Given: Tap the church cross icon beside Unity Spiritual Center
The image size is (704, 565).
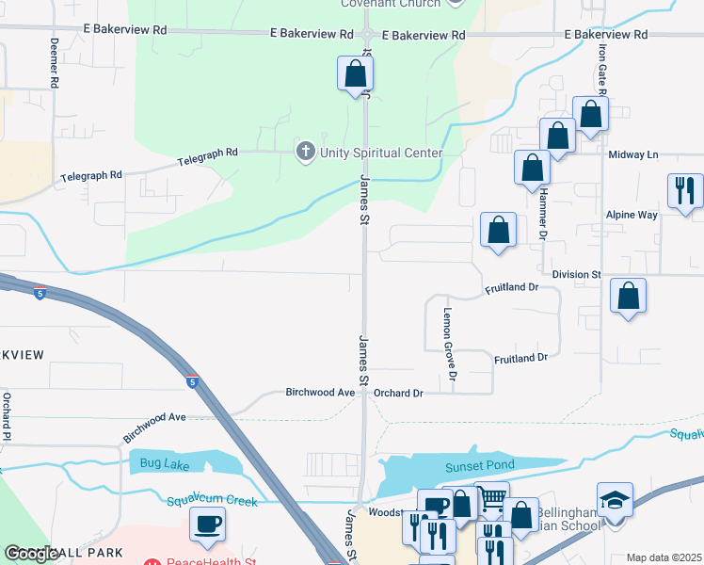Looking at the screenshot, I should point(305,152).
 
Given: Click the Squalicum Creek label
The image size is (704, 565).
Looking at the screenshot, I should point(212,501).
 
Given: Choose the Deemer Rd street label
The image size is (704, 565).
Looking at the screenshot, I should point(55,64).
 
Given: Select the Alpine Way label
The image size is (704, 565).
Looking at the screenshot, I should point(632,215).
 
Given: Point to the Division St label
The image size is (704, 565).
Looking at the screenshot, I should point(576,274).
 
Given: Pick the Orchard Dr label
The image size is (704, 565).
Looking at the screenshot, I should point(399,392).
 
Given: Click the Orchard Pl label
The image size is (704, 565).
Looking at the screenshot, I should point(7,416).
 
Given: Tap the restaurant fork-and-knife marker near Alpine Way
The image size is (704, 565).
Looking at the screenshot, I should point(684,191).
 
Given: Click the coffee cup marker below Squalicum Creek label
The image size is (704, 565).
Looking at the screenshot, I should point(207,525).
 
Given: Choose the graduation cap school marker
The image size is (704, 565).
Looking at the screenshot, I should point(615,501).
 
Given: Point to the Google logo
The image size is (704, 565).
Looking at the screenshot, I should point(31,554).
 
